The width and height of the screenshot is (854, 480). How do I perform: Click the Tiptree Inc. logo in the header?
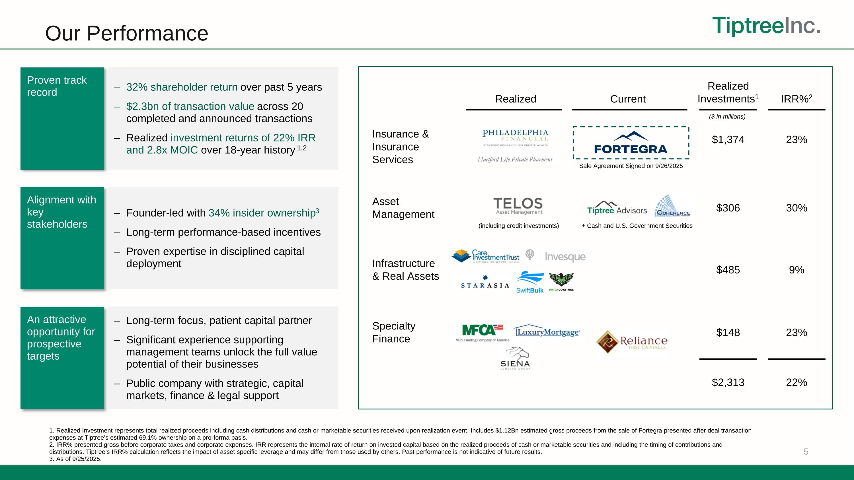tap(766, 26)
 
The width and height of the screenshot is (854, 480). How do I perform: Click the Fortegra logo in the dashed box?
tap(631, 143)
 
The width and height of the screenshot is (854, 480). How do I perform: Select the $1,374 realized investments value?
tap(728, 140)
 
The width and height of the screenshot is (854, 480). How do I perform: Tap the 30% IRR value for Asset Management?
tap(796, 208)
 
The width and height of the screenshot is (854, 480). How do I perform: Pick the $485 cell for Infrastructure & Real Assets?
tap(728, 270)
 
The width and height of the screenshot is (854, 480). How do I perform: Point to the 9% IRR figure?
tap(796, 270)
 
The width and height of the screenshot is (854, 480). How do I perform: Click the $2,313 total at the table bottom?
tap(728, 383)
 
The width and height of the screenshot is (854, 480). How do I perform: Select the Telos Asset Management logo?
tap(518, 206)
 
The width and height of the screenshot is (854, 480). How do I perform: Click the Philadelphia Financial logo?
tap(515, 137)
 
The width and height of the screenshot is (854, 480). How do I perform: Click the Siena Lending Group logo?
tap(515, 359)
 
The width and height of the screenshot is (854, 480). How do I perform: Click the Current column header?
tap(628, 99)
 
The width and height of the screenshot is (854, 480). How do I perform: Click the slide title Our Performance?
tap(127, 34)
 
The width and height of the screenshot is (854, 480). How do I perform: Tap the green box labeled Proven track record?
tap(62, 119)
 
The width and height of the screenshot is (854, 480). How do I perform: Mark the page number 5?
tap(806, 452)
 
